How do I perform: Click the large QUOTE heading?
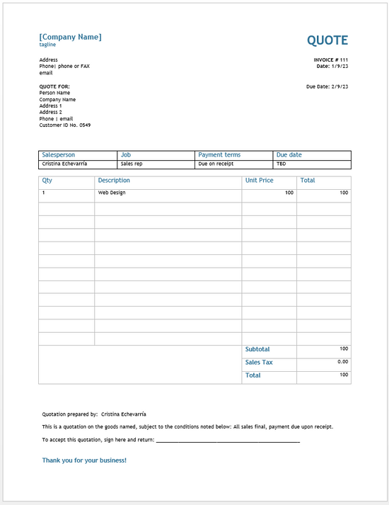(327, 40)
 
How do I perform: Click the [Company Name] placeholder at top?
(70, 37)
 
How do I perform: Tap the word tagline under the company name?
(47, 45)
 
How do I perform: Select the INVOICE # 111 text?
(331, 59)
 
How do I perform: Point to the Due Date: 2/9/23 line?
(327, 86)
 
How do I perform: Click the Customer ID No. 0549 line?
(65, 125)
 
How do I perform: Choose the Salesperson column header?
(59, 154)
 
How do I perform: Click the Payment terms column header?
(219, 154)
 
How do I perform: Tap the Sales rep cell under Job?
(132, 164)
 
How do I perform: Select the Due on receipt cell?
(216, 164)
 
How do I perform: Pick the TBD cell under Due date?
(281, 164)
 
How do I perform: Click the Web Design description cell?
(112, 193)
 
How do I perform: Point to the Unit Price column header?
(260, 181)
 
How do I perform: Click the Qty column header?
(47, 181)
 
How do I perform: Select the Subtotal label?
(257, 349)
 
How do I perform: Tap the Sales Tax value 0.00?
(343, 362)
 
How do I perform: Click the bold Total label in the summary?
(252, 375)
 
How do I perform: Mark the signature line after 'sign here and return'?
(228, 441)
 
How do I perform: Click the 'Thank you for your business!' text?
(84, 460)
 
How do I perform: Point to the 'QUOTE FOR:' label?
(54, 86)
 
